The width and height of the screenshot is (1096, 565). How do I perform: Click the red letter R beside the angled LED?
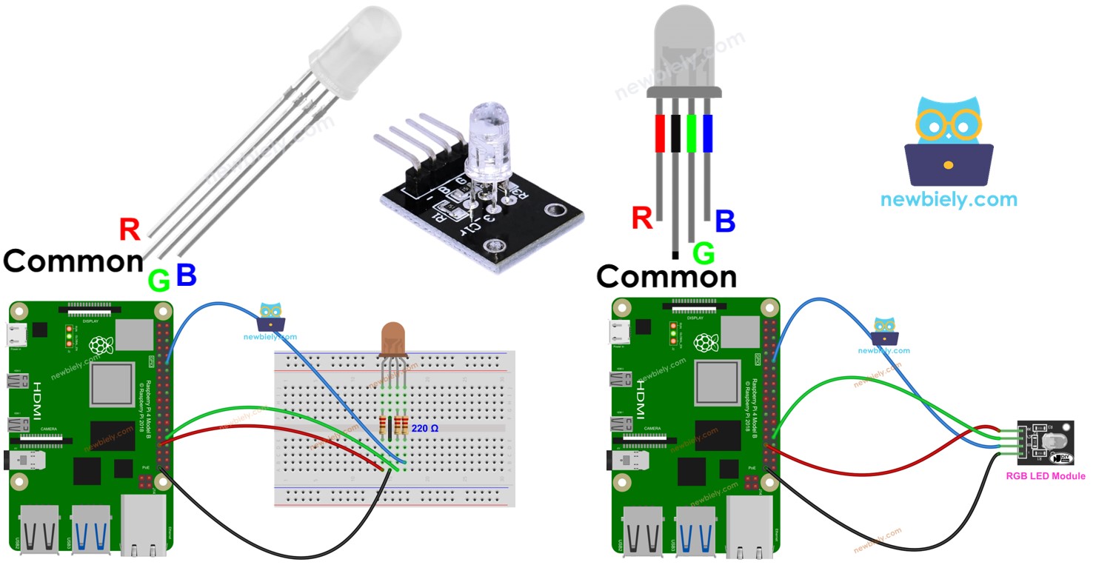130,230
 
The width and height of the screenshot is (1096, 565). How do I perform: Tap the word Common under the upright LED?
666,277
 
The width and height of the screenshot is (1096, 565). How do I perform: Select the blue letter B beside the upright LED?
725,221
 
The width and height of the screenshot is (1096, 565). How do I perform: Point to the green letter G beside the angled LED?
159,281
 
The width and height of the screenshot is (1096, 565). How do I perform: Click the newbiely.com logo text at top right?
949,199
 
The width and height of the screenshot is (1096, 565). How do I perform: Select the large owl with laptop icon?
949,141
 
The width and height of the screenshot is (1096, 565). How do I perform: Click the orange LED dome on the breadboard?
392,339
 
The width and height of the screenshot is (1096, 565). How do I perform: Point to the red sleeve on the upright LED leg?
661,133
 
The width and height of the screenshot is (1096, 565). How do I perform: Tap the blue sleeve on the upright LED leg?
707,133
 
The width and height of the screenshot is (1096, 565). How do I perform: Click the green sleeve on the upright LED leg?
692,133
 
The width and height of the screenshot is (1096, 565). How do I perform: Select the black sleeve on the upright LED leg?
675,133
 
